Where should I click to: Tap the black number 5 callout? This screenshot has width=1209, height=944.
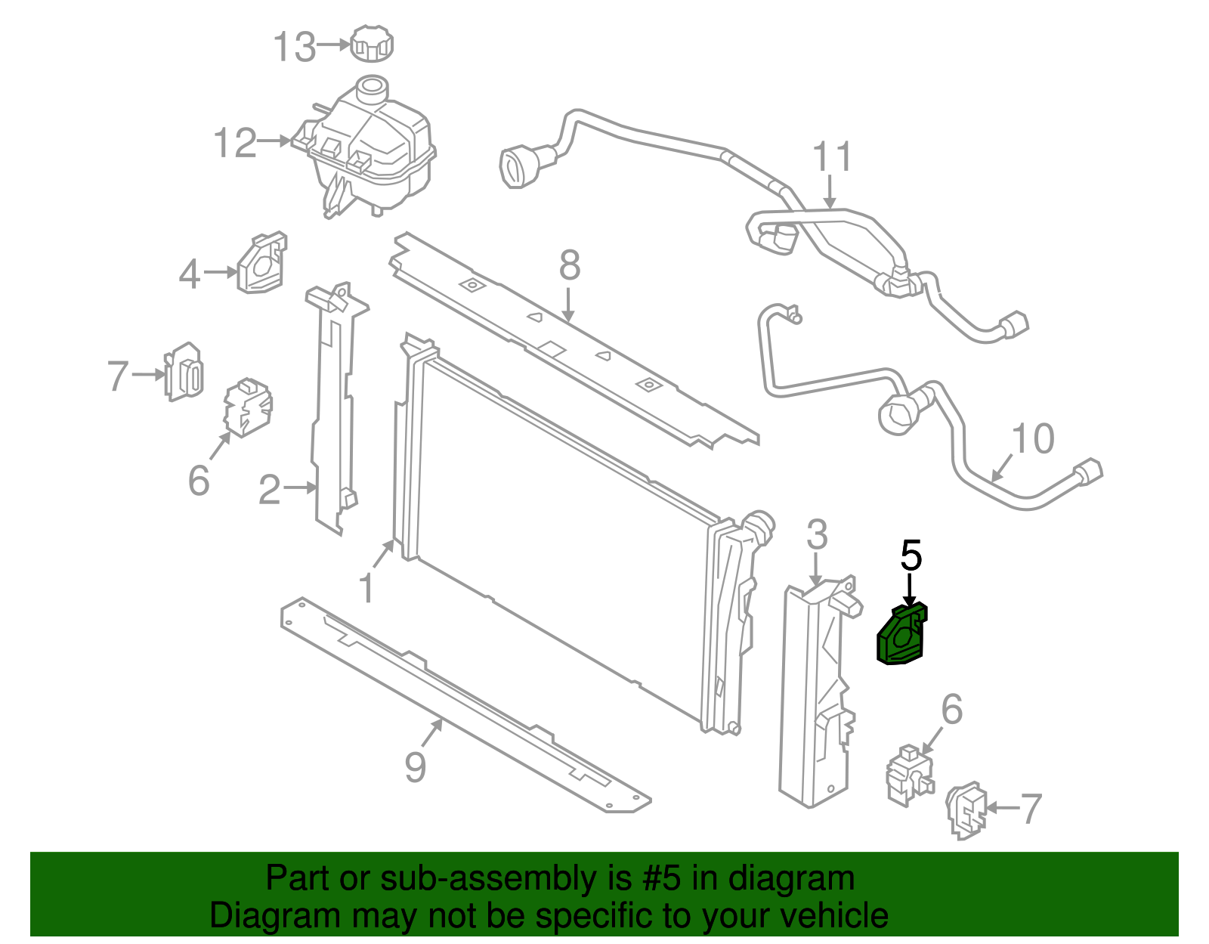click(911, 556)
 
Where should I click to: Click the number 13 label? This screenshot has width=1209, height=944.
click(294, 47)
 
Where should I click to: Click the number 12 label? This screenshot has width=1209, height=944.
click(235, 143)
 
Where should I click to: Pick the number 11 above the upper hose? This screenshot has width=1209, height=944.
click(832, 157)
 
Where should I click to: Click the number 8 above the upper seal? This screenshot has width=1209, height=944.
click(570, 265)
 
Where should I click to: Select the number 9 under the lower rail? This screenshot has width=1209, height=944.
click(416, 767)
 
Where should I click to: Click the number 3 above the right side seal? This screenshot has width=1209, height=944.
click(817, 535)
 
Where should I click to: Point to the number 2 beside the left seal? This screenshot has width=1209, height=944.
click(270, 490)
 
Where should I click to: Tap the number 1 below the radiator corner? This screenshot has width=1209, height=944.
click(366, 589)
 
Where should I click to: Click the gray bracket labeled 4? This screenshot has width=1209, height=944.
click(262, 263)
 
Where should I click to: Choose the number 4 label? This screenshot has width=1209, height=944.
click(190, 274)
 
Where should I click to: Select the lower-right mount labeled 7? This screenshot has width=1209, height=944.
click(967, 811)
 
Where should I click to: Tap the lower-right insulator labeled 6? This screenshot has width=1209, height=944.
click(909, 775)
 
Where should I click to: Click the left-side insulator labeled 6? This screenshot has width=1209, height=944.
click(247, 408)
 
